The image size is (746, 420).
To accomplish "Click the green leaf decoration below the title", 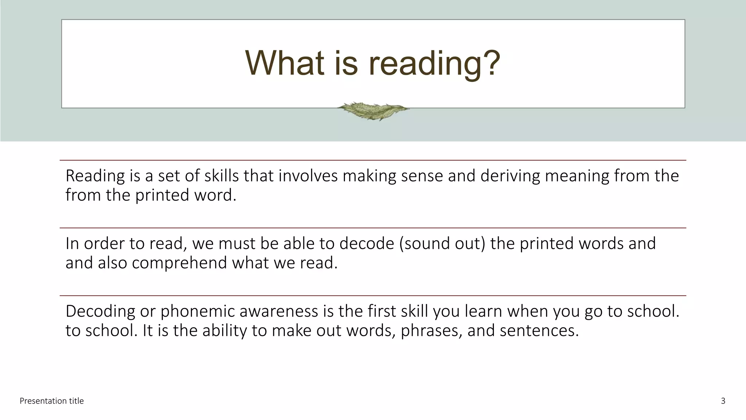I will click(373, 111).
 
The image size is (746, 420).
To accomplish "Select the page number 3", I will click(723, 401).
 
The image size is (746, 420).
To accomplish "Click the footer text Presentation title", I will click(52, 401).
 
